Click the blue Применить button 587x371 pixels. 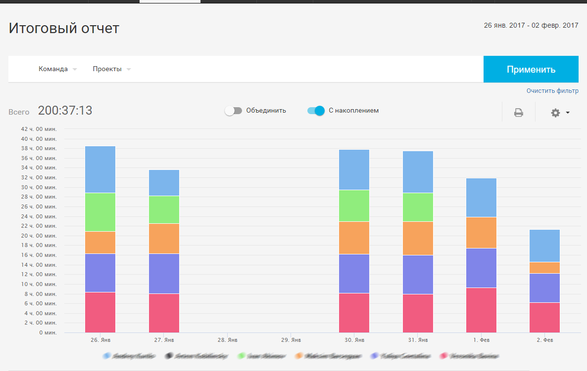coord(531,69)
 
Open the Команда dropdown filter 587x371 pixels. coord(57,69)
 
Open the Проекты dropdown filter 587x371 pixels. coord(111,69)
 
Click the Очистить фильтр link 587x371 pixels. coord(552,91)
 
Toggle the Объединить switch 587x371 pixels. coord(233,111)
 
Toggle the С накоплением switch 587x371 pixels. coord(316,111)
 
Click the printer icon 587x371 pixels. coord(518,113)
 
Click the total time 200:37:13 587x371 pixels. coord(65,111)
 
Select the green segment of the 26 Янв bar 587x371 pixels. coord(100,212)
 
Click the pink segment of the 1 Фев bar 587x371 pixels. coord(481,310)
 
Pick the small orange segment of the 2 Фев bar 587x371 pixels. coord(544,267)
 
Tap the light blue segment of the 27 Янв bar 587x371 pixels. coord(164,183)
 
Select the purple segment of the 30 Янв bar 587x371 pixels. coord(354,274)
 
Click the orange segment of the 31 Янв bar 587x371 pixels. coord(418,238)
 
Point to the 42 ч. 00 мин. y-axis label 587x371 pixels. coord(39,129)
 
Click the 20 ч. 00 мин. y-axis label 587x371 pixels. coord(39,236)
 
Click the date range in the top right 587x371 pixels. coord(531,25)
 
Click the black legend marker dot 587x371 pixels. coord(169,356)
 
